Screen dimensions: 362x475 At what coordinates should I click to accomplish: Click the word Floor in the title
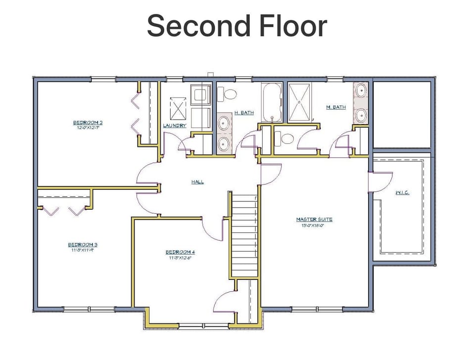(x=292, y=26)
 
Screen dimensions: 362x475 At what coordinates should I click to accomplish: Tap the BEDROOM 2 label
(x=88, y=123)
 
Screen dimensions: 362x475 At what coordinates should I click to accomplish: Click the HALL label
(x=197, y=182)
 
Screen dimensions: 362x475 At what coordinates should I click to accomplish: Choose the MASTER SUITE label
(x=314, y=219)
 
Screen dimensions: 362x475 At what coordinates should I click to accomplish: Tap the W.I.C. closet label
(x=402, y=192)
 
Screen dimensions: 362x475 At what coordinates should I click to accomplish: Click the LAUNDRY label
(x=175, y=126)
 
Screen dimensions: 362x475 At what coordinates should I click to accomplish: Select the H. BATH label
(x=244, y=113)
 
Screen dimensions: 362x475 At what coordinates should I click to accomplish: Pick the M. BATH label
(x=335, y=107)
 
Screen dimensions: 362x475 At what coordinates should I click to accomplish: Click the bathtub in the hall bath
(x=272, y=102)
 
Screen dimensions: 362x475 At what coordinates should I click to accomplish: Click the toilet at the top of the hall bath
(x=228, y=93)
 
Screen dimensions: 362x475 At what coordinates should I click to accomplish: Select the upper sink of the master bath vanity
(x=361, y=91)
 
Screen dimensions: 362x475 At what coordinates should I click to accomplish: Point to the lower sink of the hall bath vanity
(x=224, y=143)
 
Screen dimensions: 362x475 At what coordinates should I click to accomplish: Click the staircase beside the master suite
(x=245, y=235)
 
